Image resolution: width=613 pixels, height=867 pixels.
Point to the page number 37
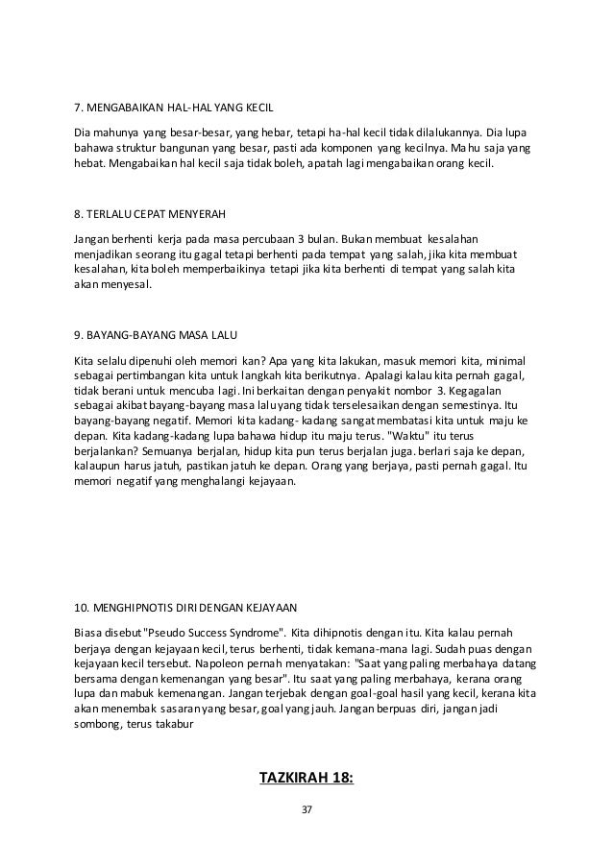tap(306, 812)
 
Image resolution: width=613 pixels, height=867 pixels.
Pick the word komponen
tap(348, 148)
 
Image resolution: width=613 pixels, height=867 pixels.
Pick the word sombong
tap(98, 725)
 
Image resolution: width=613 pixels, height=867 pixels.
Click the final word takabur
tap(174, 725)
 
